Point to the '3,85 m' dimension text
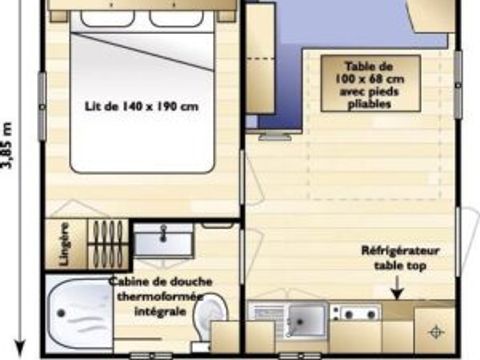click(9, 146)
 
